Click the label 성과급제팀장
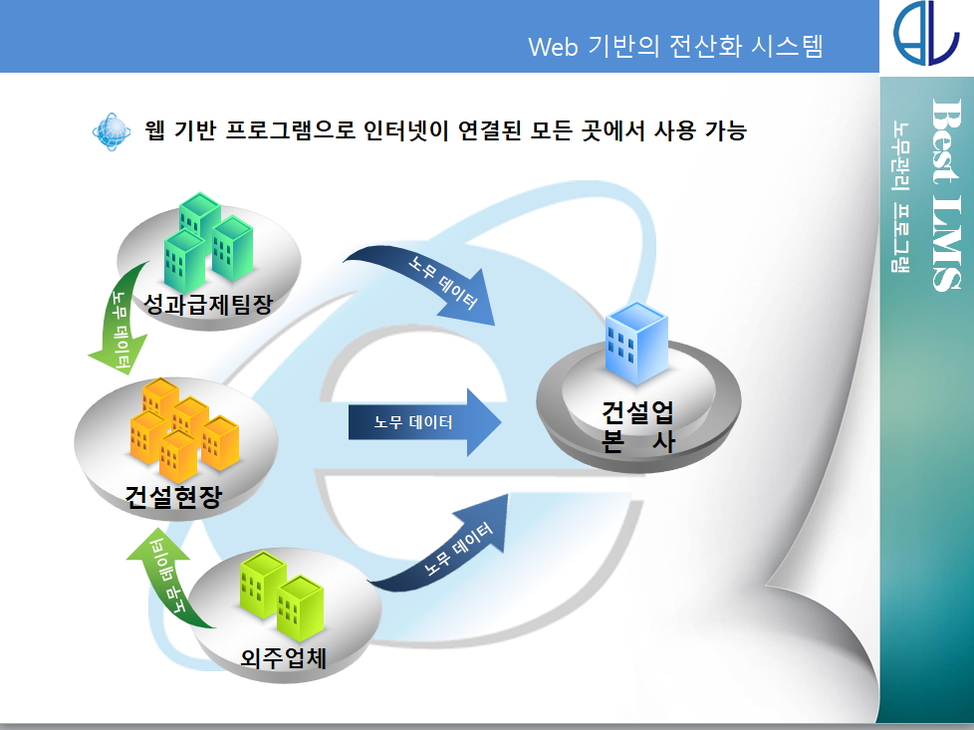(x=208, y=304)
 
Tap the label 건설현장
(x=173, y=496)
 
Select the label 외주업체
(x=283, y=657)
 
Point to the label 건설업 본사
(x=638, y=426)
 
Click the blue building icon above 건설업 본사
(x=636, y=343)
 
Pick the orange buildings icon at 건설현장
(x=184, y=429)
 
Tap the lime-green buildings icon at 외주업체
(x=282, y=596)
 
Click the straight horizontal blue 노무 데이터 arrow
(x=424, y=422)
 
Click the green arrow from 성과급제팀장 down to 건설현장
(x=121, y=323)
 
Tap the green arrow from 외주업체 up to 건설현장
(x=164, y=578)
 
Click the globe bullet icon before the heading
(x=112, y=131)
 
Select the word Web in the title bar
(x=553, y=47)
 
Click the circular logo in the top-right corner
(x=926, y=33)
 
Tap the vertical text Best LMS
(x=947, y=194)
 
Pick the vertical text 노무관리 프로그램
(x=900, y=197)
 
